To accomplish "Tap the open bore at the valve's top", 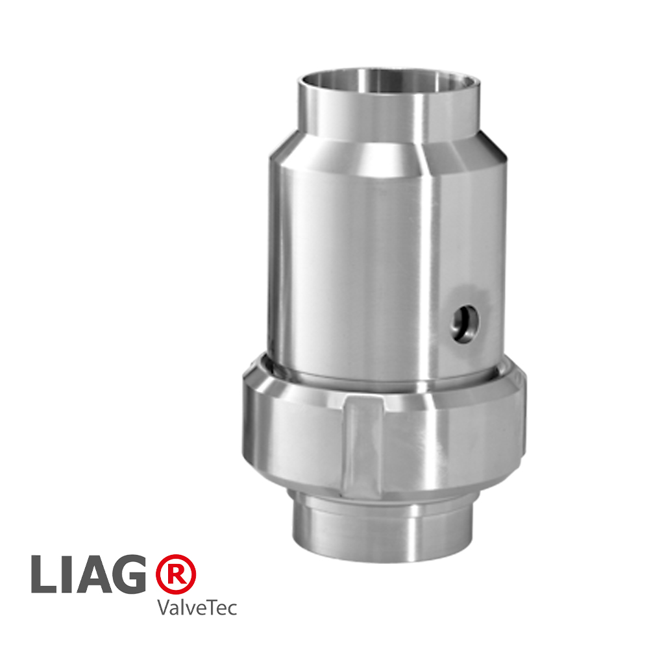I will pyautogui.click(x=388, y=82).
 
